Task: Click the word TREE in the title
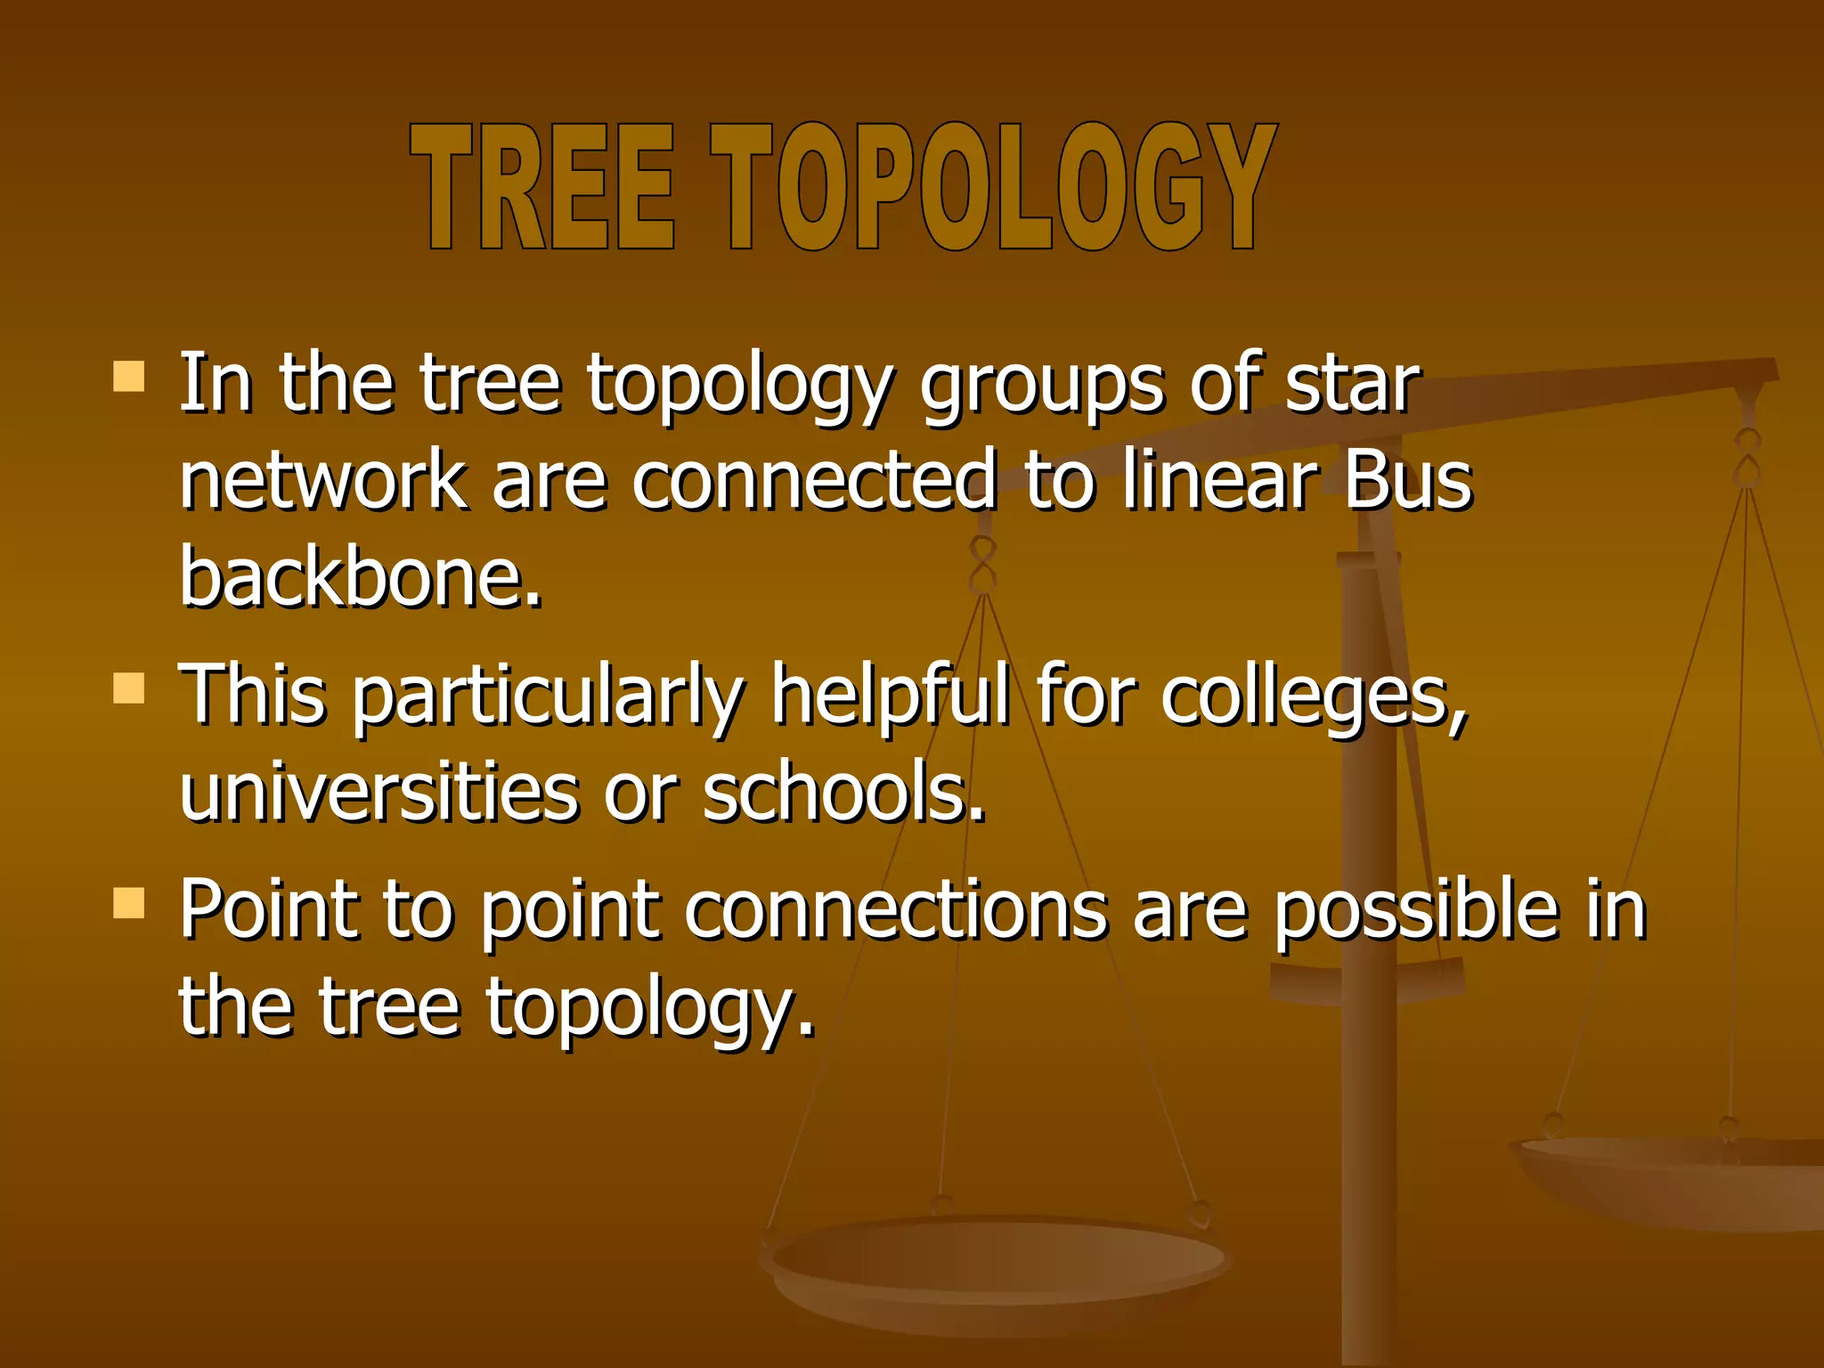pyautogui.click(x=541, y=187)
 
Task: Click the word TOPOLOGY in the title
pyautogui.click(x=993, y=187)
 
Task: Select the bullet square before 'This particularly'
pyautogui.click(x=129, y=688)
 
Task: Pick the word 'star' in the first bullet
pyautogui.click(x=1351, y=385)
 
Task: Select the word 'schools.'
pyautogui.click(x=844, y=793)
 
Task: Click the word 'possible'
pyautogui.click(x=1416, y=913)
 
